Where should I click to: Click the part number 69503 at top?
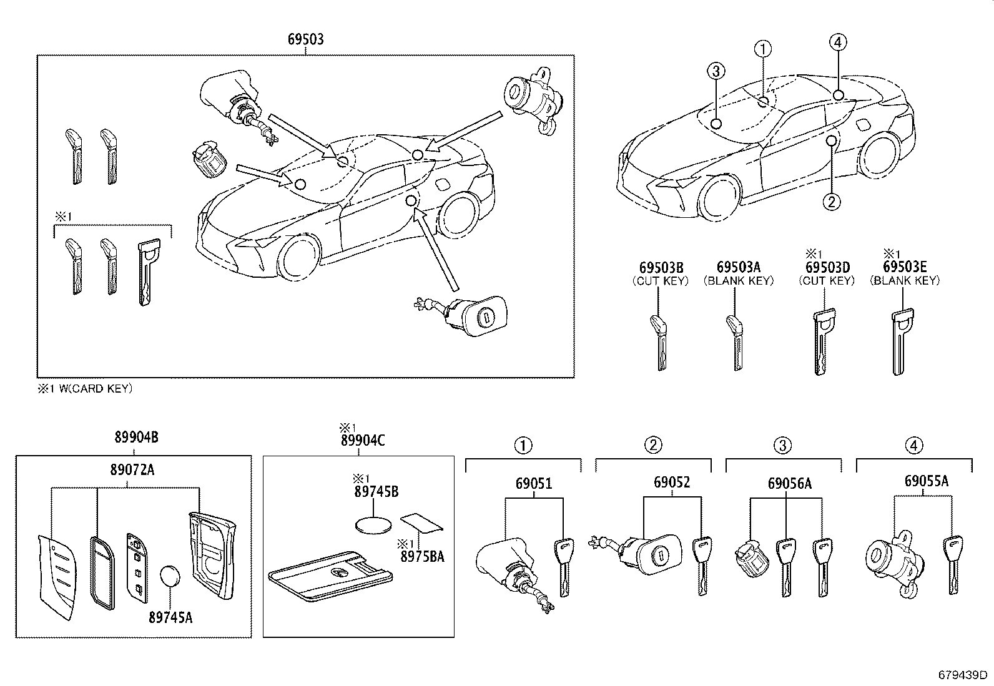[x=305, y=39]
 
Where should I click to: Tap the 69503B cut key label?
[x=661, y=267]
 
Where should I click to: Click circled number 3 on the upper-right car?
[x=716, y=71]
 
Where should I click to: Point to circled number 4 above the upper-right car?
[x=838, y=42]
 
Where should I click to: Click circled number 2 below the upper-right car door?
[x=830, y=201]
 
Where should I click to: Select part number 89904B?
[x=135, y=438]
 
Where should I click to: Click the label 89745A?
[x=170, y=618]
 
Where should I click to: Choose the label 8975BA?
[x=423, y=556]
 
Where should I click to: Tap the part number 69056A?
[x=789, y=483]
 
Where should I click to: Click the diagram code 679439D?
[x=963, y=675]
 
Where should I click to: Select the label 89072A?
[x=132, y=469]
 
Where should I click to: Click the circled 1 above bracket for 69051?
[x=523, y=445]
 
